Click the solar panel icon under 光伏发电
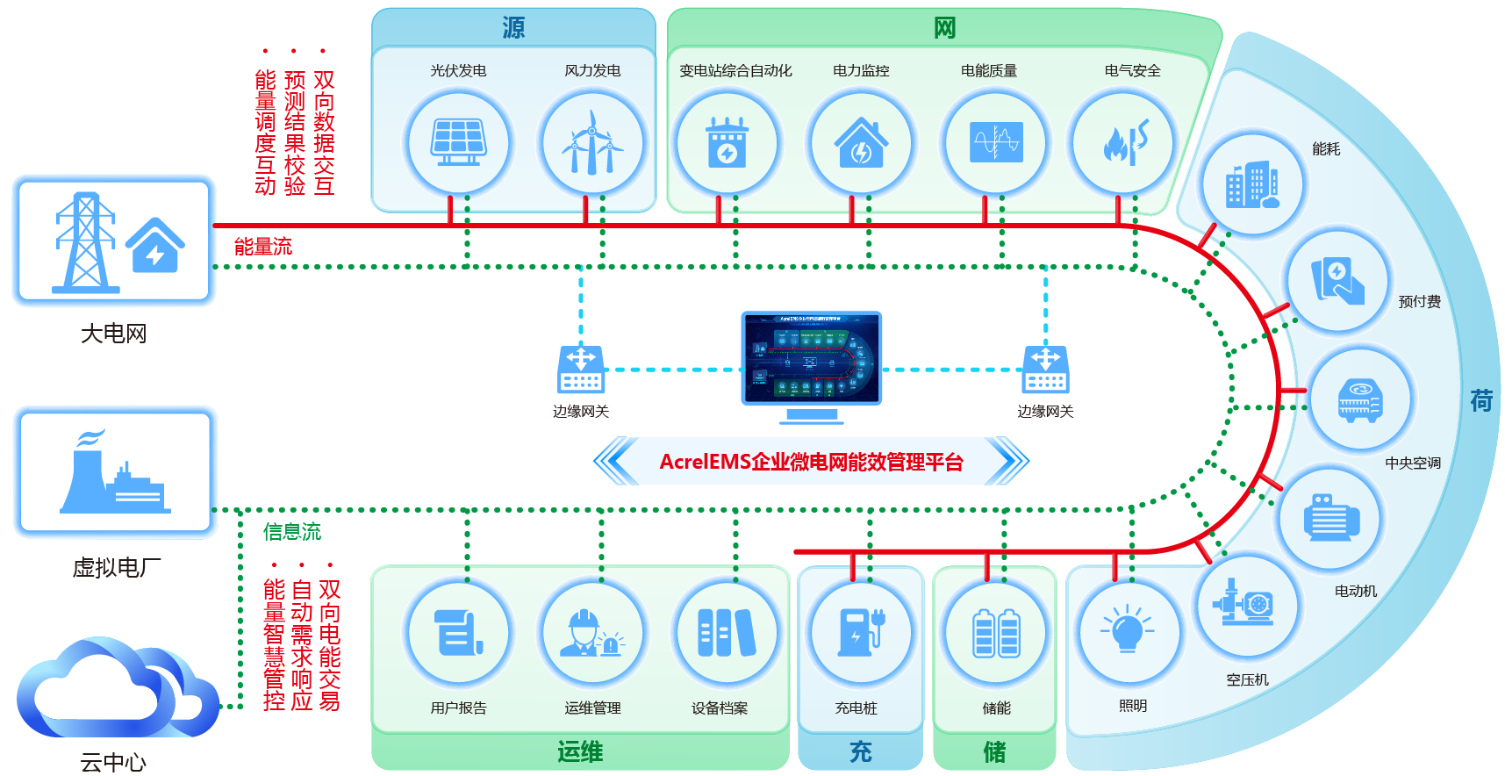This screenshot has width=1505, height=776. coord(458,142)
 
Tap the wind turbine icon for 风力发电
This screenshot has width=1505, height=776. coord(592,142)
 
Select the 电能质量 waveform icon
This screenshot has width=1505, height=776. coord(996,142)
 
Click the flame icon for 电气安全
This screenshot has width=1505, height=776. coord(1124,143)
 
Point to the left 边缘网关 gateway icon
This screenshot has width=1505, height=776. coord(580,370)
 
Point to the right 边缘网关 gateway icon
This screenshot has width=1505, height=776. coord(1045,370)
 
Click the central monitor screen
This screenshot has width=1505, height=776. coord(811,358)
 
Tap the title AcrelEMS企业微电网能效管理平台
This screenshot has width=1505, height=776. coord(811,462)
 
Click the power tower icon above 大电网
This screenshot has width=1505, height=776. coord(84,242)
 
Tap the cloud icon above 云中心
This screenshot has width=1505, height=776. coord(114,690)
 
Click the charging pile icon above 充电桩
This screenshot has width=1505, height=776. coord(861,632)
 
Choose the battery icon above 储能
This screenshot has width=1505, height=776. coord(996,632)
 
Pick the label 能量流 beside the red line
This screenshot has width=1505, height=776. coord(262,247)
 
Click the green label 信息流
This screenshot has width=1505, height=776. coord(291,532)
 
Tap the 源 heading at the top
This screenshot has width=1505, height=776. coord(513,28)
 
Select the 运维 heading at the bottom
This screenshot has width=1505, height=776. coord(580,752)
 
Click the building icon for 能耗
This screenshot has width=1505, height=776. coord(1252,185)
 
